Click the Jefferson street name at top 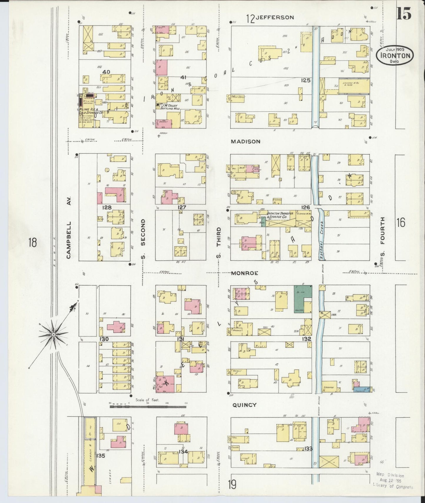click(x=274, y=17)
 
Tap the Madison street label click(x=245, y=141)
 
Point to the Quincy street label click(x=244, y=405)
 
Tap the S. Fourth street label click(x=382, y=237)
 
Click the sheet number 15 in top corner click(x=404, y=13)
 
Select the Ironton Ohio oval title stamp click(x=394, y=56)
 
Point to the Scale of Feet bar click(x=148, y=407)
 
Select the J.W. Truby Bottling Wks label click(x=169, y=107)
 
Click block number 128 click(x=106, y=207)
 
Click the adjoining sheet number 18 click(x=32, y=243)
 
